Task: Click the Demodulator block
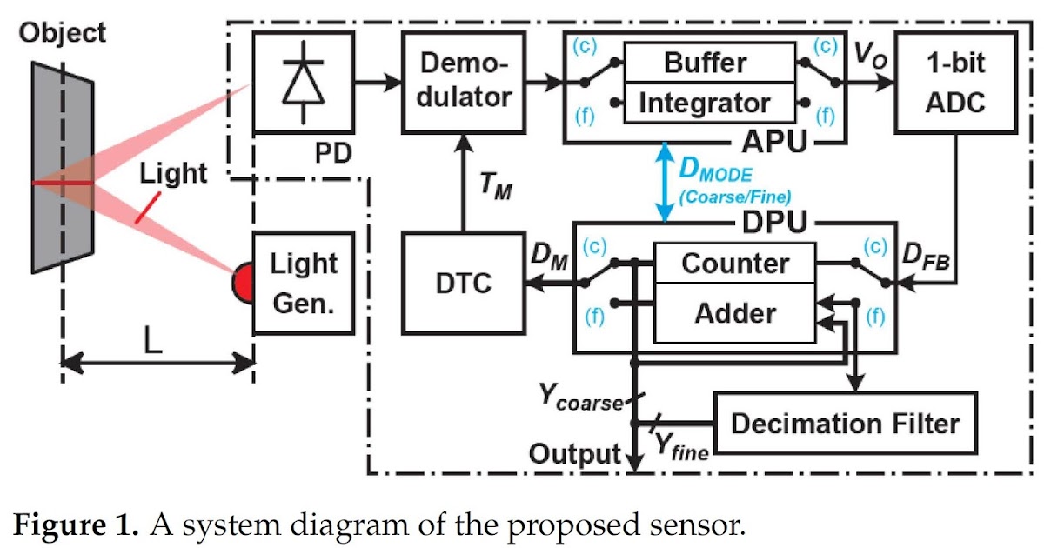[464, 84]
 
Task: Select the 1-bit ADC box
[955, 84]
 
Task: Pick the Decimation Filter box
[845, 424]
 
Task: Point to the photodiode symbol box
[304, 84]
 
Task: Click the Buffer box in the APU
[706, 63]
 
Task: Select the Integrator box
[706, 104]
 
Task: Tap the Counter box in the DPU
[735, 264]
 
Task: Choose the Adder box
[735, 312]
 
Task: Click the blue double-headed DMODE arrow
[666, 182]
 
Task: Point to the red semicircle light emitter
[241, 284]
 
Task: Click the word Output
[575, 453]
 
